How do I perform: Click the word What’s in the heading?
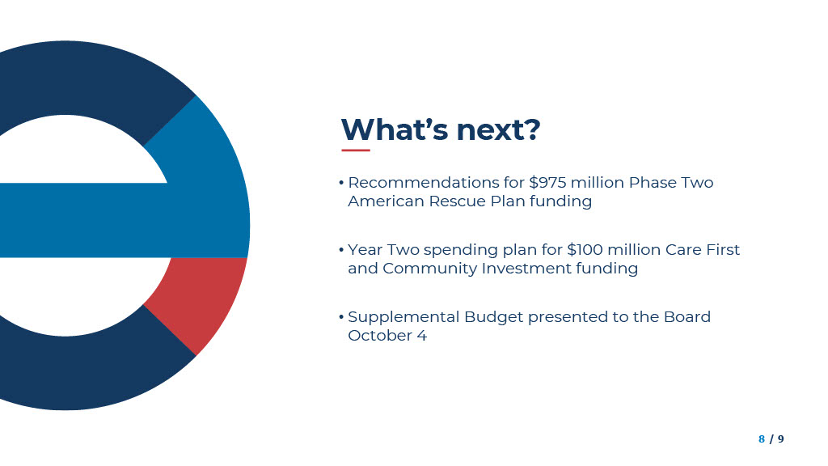[395, 129]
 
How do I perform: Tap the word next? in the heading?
[498, 130]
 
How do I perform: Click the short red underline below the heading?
[356, 150]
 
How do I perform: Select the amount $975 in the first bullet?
[547, 182]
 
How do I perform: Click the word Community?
[430, 269]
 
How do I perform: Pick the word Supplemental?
[403, 317]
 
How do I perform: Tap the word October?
[380, 336]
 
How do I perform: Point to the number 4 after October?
[421, 336]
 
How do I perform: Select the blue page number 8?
[762, 439]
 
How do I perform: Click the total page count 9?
[781, 439]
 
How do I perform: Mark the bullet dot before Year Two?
[342, 250]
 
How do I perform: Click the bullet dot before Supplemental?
[342, 317]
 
